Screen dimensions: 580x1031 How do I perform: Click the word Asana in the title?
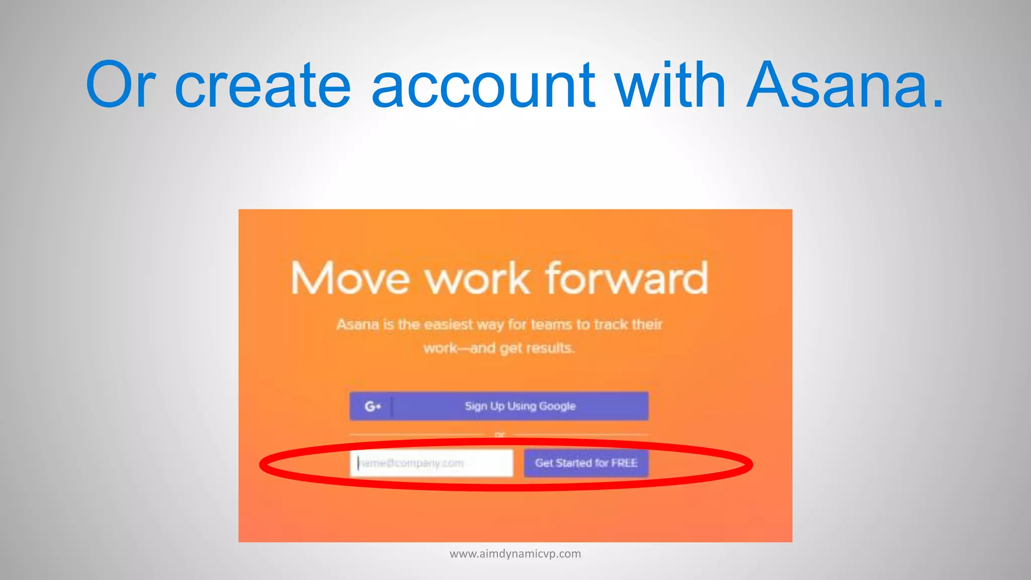pyautogui.click(x=845, y=86)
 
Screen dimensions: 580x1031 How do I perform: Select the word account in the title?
pyautogui.click(x=483, y=86)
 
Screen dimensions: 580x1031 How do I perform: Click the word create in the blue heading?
pyautogui.click(x=262, y=86)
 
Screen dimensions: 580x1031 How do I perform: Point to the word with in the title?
pyautogui.click(x=670, y=86)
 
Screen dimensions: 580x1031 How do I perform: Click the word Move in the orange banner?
pyautogui.click(x=350, y=278)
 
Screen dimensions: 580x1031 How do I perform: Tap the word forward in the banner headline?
pyautogui.click(x=627, y=278)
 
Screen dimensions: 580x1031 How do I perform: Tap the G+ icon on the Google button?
pyautogui.click(x=372, y=406)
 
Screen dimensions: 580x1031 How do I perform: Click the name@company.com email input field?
pyautogui.click(x=431, y=463)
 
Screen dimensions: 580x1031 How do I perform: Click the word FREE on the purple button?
pyautogui.click(x=624, y=463)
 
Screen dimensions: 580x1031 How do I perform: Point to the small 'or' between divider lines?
pyautogui.click(x=499, y=434)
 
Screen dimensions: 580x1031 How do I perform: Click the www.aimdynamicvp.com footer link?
pyautogui.click(x=515, y=554)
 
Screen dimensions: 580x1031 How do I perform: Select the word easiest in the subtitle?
pyautogui.click(x=448, y=325)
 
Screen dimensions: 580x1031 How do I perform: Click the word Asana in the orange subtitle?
pyautogui.click(x=357, y=325)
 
